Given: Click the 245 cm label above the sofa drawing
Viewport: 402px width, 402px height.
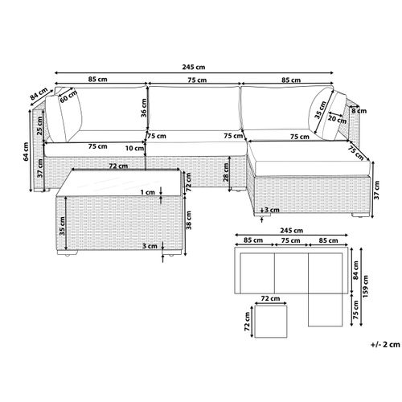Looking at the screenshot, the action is click(x=194, y=67).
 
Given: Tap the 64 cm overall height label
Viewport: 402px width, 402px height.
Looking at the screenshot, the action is click(x=26, y=151).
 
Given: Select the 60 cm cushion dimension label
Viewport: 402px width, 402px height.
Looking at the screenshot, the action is click(x=68, y=96).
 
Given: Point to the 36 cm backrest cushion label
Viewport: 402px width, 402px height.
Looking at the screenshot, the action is click(x=144, y=108).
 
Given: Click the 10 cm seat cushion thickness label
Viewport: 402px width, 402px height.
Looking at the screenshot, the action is click(x=135, y=148).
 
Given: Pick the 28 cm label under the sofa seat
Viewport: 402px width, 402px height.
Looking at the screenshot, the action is click(x=226, y=173).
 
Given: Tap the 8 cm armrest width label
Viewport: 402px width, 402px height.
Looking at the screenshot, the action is click(x=359, y=110).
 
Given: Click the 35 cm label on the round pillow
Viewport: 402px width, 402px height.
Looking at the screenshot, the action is click(x=321, y=110).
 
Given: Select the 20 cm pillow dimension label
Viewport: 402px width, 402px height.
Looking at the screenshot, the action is click(x=338, y=118).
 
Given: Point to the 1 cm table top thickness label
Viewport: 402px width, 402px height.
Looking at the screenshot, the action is click(x=148, y=192).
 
